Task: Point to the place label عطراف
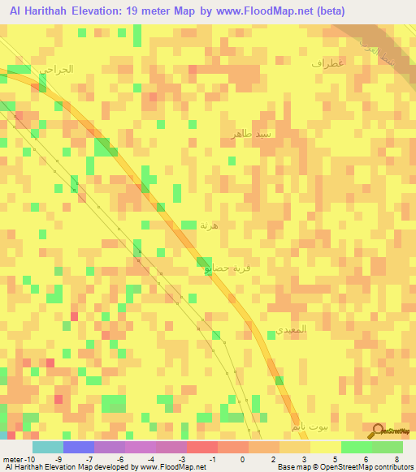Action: point(328,62)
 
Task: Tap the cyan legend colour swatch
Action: point(47,447)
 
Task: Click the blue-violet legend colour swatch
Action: point(78,447)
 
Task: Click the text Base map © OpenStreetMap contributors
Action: point(344,466)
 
